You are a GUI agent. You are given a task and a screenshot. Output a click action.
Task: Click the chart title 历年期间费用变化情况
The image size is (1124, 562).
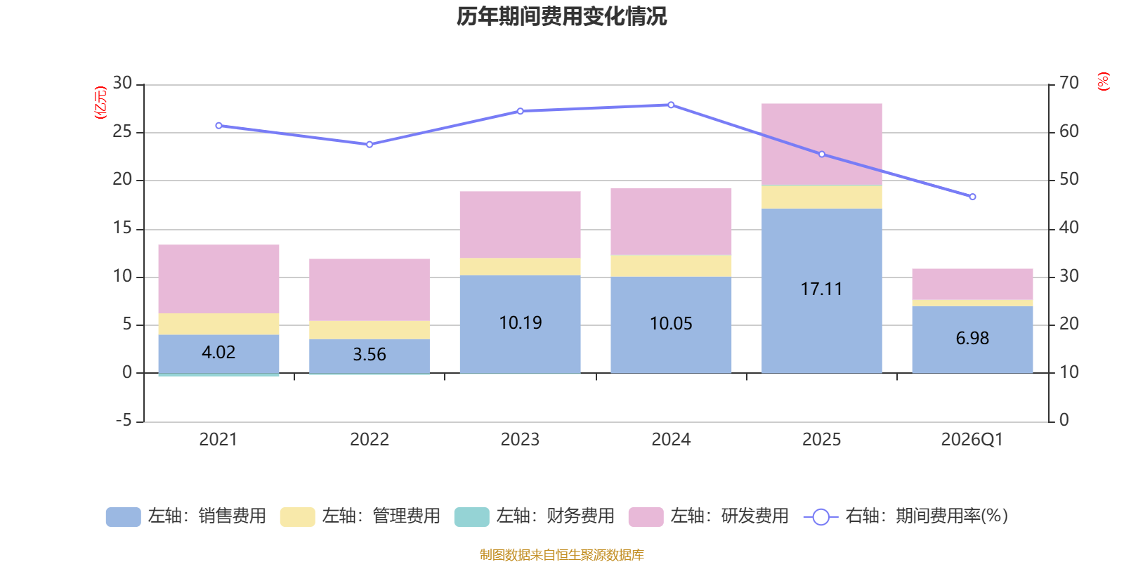tap(561, 17)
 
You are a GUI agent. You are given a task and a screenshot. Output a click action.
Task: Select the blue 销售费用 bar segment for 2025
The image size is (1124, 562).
tap(821, 291)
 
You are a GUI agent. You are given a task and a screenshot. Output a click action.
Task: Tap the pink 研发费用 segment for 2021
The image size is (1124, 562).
tap(218, 279)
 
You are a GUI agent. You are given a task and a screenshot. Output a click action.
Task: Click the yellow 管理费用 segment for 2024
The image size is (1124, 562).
tap(671, 266)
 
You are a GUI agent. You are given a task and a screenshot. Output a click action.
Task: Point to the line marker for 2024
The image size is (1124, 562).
tap(671, 105)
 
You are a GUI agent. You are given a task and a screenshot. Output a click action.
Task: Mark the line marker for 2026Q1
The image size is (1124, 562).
tap(972, 197)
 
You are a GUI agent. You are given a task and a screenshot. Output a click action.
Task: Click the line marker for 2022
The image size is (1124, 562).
tap(370, 145)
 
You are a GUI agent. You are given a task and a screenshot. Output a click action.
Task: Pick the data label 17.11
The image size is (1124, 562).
tap(821, 289)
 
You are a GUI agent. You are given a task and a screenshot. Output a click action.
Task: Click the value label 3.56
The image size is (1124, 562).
tap(370, 355)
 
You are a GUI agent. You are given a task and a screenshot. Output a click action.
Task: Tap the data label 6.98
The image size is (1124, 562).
tap(972, 338)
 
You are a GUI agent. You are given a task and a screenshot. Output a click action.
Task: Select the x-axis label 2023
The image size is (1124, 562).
tap(520, 440)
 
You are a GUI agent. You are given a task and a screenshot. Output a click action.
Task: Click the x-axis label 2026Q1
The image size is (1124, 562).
tap(972, 440)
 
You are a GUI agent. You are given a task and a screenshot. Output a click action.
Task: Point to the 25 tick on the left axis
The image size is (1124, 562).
tap(122, 131)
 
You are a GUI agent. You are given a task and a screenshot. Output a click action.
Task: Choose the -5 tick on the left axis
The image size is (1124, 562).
tap(124, 420)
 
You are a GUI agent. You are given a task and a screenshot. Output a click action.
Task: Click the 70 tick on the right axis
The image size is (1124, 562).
tap(1069, 83)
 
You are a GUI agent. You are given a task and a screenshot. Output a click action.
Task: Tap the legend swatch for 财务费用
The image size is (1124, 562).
tap(471, 517)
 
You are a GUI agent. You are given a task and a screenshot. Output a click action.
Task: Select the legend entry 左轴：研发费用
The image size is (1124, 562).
tap(709, 516)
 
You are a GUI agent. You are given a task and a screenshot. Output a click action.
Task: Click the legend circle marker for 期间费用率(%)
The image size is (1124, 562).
tap(821, 517)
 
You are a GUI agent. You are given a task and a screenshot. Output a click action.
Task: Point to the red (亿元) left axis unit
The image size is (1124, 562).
tap(100, 103)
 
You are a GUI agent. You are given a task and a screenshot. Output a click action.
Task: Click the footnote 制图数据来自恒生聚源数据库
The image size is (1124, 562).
tap(561, 554)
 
